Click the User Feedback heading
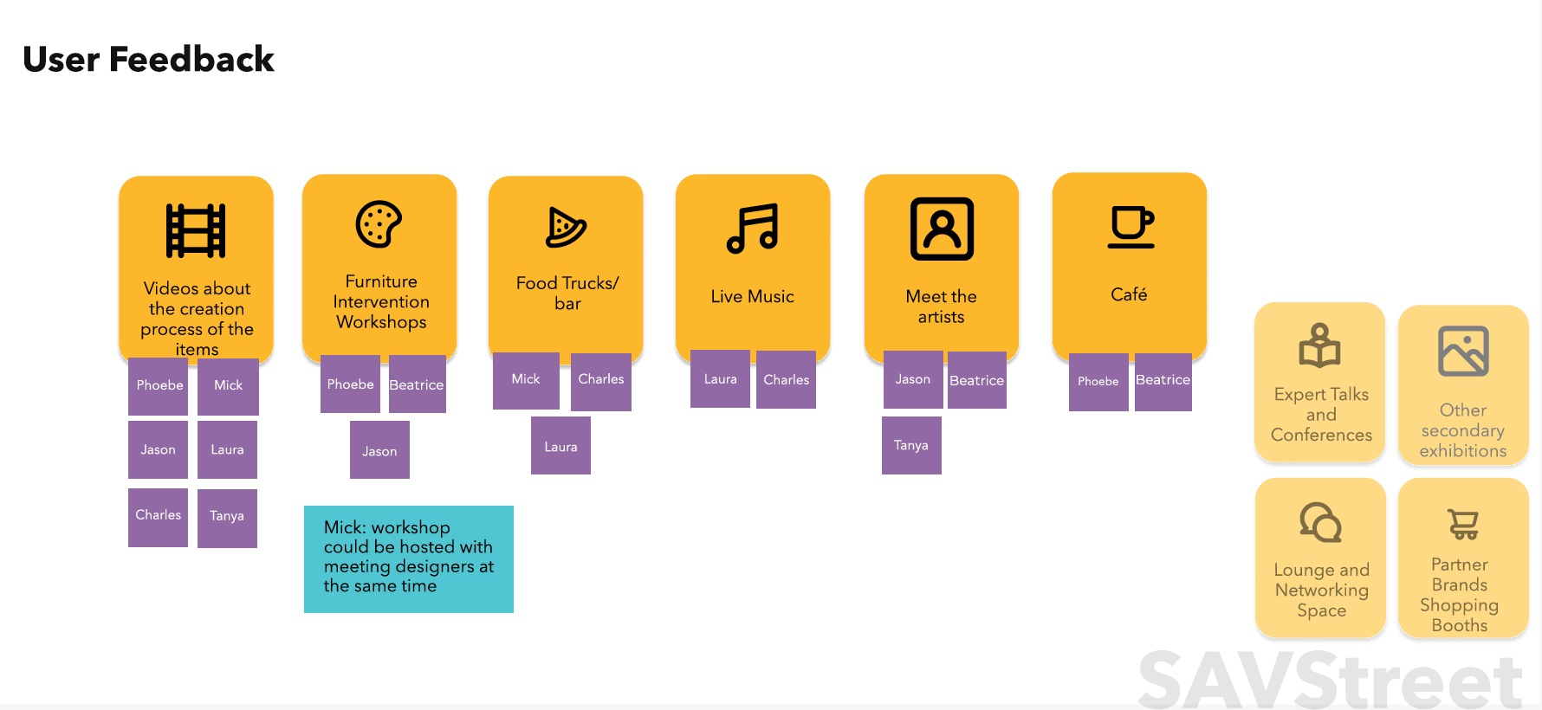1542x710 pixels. click(148, 60)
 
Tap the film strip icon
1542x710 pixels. click(196, 230)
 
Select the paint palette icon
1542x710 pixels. click(379, 224)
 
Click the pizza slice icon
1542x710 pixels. click(566, 228)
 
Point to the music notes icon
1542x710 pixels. click(752, 229)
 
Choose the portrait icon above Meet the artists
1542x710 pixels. click(942, 229)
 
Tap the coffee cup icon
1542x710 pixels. click(1131, 227)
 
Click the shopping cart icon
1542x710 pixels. click(1463, 524)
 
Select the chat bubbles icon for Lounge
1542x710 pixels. click(1320, 522)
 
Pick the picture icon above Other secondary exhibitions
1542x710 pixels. click(1463, 351)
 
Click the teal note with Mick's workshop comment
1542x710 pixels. click(409, 558)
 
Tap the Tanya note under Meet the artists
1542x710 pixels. click(911, 445)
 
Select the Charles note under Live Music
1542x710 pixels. click(786, 379)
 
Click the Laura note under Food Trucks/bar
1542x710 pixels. click(560, 446)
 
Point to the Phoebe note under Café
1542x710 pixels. click(1098, 381)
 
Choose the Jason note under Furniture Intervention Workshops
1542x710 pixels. click(379, 450)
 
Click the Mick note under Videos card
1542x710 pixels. click(228, 385)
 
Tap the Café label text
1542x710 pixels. click(1129, 294)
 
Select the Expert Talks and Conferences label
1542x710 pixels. click(1321, 415)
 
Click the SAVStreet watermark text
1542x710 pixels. click(1330, 681)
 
